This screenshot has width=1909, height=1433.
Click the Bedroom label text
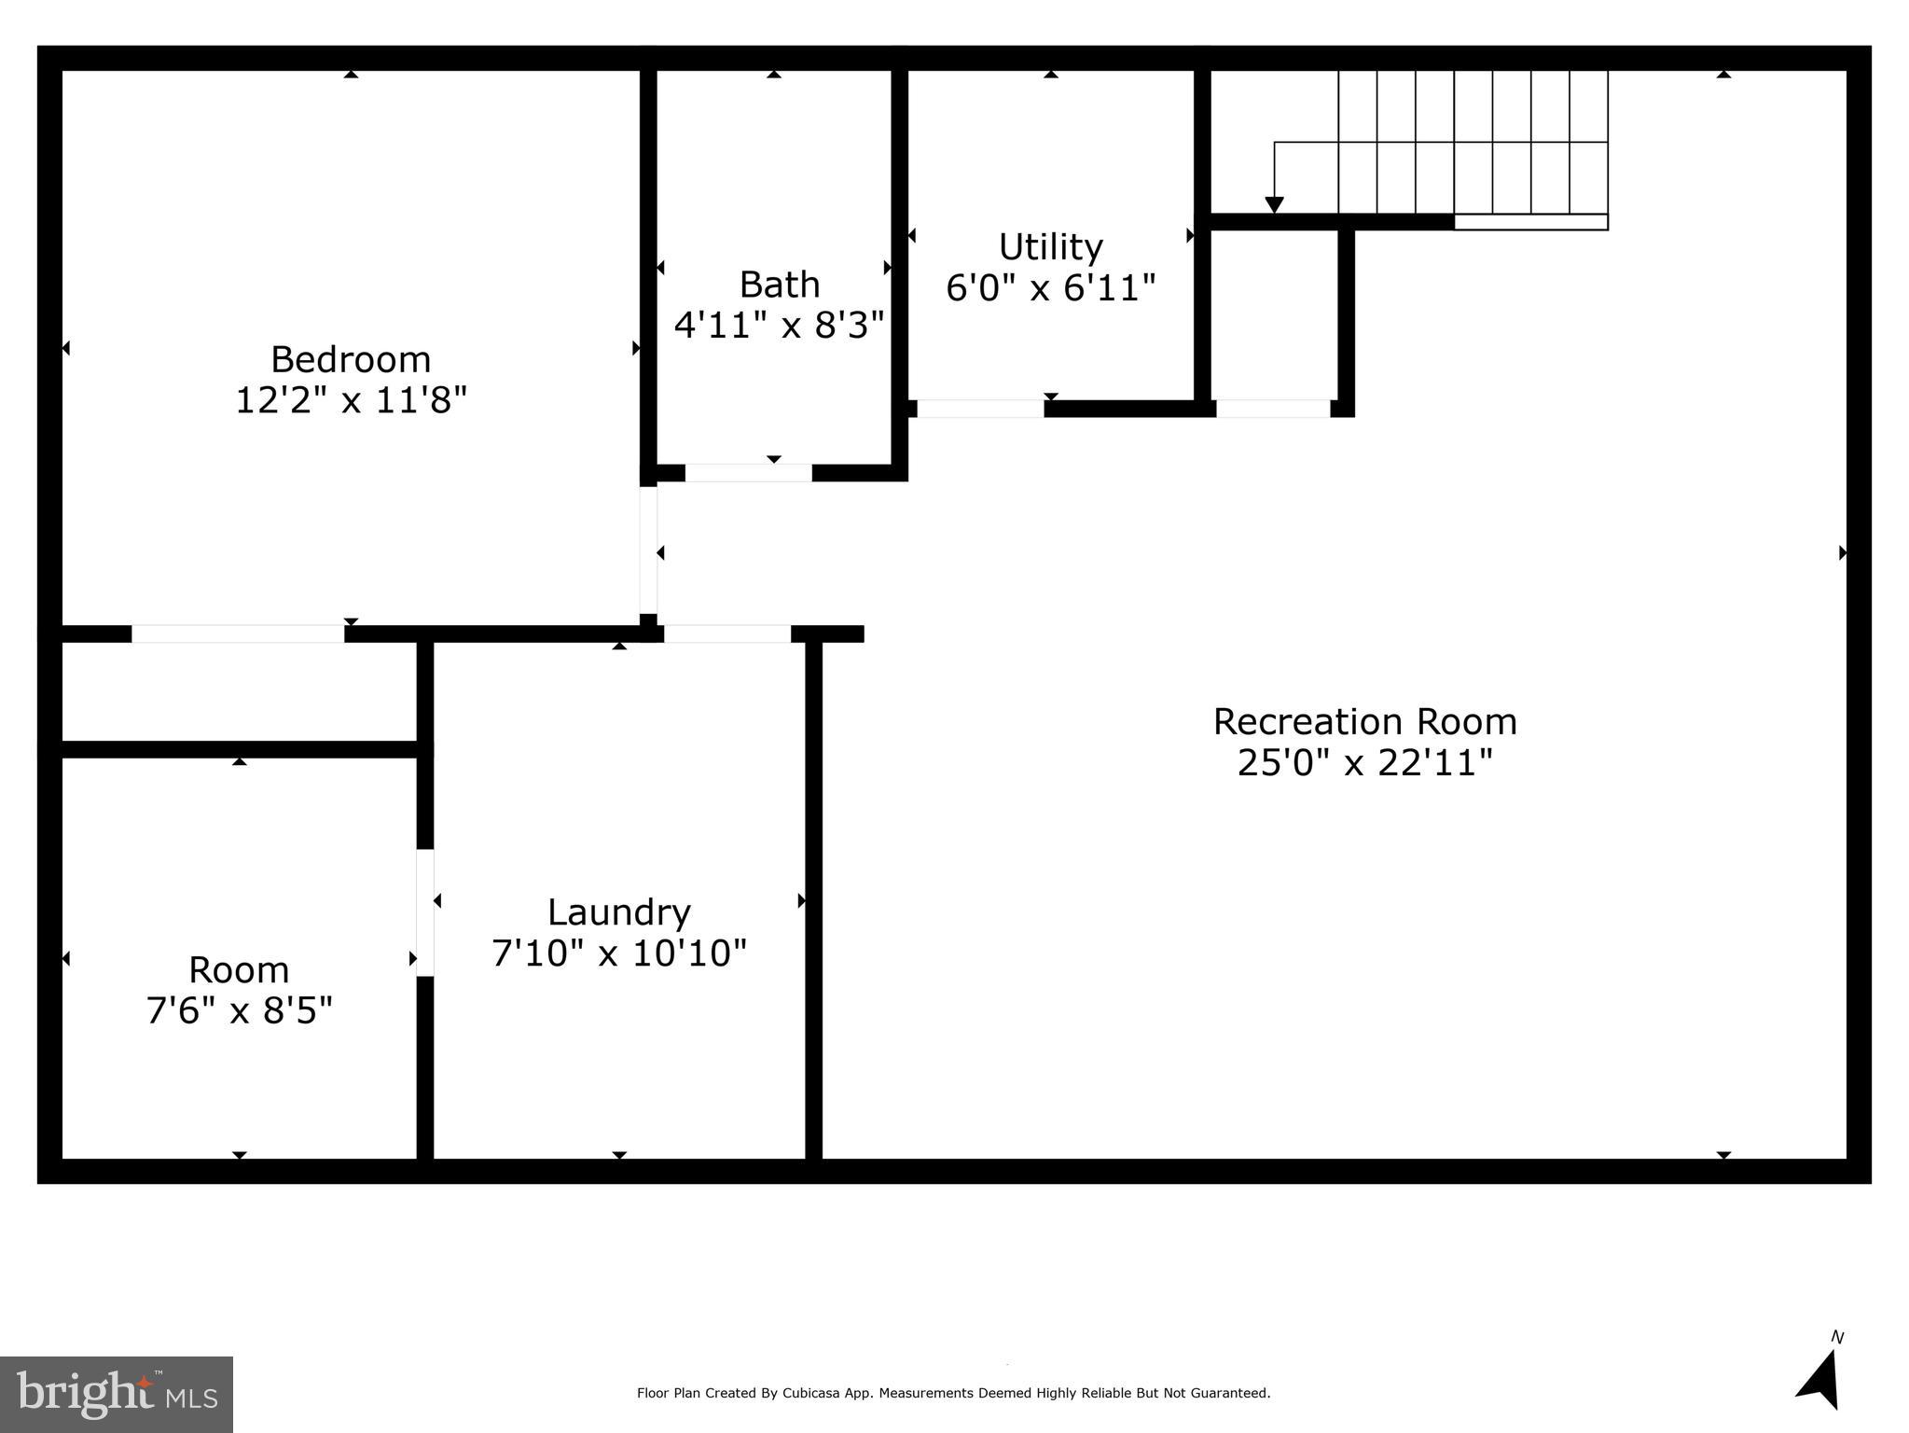click(351, 360)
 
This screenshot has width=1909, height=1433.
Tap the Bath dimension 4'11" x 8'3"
click(779, 326)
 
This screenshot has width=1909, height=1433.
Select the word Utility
click(1051, 247)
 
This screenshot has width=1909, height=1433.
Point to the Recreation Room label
click(1364, 722)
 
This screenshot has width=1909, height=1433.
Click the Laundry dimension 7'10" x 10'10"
click(619, 953)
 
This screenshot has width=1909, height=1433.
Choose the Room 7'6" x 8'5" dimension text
click(240, 1010)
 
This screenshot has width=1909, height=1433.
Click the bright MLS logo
click(117, 1394)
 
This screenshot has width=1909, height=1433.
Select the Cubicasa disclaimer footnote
click(953, 1393)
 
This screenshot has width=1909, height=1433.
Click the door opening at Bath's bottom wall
click(748, 473)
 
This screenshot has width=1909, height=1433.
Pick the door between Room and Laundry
click(425, 912)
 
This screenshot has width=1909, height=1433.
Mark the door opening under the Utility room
click(980, 409)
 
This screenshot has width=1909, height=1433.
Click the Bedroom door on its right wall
click(648, 550)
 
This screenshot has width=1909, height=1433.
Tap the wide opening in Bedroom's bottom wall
click(238, 633)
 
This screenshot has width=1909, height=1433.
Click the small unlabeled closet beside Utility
click(1274, 315)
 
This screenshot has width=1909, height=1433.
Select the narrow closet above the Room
click(239, 691)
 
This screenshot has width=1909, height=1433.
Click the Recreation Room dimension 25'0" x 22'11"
click(1364, 763)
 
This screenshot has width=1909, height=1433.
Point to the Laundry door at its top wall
click(727, 633)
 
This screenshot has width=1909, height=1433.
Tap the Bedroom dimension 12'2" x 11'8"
click(351, 401)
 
